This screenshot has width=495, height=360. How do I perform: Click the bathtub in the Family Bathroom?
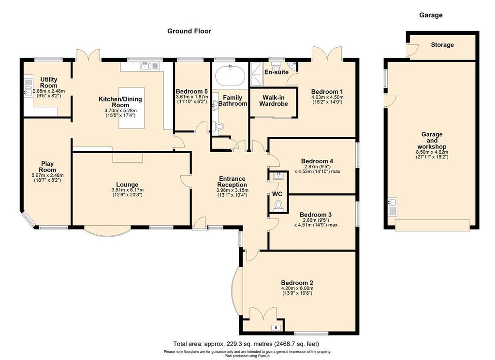230,76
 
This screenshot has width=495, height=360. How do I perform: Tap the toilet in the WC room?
278,205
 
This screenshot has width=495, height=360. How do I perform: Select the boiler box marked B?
276,328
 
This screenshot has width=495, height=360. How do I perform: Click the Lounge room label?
127,185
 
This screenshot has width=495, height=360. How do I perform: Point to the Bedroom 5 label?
191,92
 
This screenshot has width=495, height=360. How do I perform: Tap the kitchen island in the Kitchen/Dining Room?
131,108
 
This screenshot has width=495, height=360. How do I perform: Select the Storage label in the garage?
442,45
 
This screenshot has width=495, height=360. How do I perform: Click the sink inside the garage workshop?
393,207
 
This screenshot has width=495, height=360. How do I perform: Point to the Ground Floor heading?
189,31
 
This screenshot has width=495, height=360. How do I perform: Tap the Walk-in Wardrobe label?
274,101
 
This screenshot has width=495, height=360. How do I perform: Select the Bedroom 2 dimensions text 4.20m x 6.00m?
297,288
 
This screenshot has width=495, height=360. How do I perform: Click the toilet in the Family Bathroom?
219,127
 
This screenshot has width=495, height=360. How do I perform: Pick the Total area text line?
246,344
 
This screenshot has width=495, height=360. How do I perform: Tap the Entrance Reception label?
232,182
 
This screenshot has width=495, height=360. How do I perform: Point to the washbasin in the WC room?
278,176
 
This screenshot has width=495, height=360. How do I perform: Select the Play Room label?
47,167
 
